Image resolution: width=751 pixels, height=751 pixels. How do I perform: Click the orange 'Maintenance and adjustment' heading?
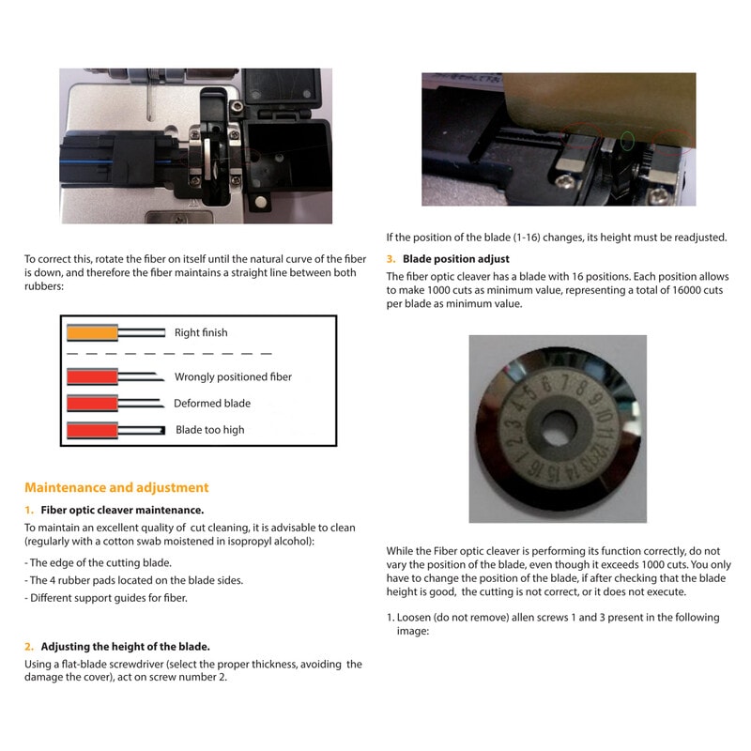coord(116,487)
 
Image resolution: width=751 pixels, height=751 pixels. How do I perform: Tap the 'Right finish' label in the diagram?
coord(201,332)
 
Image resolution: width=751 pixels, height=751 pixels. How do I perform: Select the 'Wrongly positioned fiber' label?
coord(233,376)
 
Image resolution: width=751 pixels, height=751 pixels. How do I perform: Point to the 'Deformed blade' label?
coord(212,403)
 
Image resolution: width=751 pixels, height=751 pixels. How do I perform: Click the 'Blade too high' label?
coord(210,430)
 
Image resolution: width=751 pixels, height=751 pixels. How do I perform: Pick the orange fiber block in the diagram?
coord(91,332)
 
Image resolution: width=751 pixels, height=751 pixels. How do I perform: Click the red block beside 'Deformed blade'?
coord(91,404)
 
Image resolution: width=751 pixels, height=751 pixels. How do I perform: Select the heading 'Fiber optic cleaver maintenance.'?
coord(122,510)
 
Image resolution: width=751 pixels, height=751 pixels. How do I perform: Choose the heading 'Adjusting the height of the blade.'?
coord(125,646)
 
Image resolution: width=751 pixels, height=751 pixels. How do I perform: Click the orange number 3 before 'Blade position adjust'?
coord(391,258)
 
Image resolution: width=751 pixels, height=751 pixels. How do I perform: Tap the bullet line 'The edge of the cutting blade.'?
coord(99,562)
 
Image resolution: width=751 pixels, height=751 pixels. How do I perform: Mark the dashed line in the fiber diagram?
coord(169,354)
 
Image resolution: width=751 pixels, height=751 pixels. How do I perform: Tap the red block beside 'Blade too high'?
coord(91,431)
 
